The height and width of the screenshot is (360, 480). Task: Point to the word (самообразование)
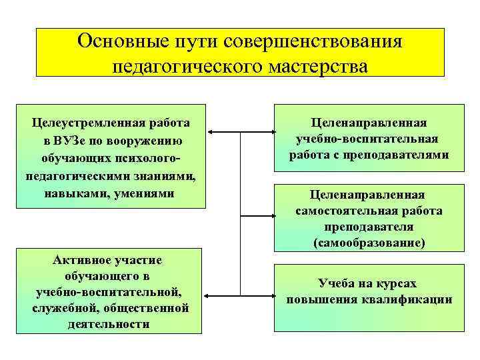tap(369, 243)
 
